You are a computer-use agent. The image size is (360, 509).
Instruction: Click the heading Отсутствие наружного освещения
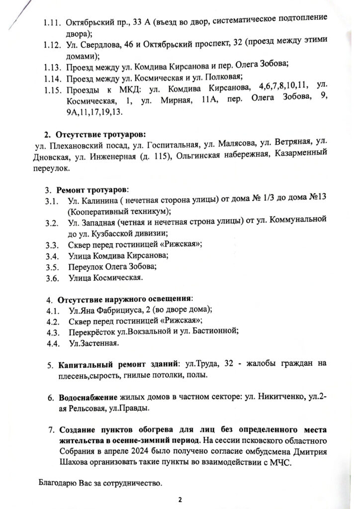[124, 300]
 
